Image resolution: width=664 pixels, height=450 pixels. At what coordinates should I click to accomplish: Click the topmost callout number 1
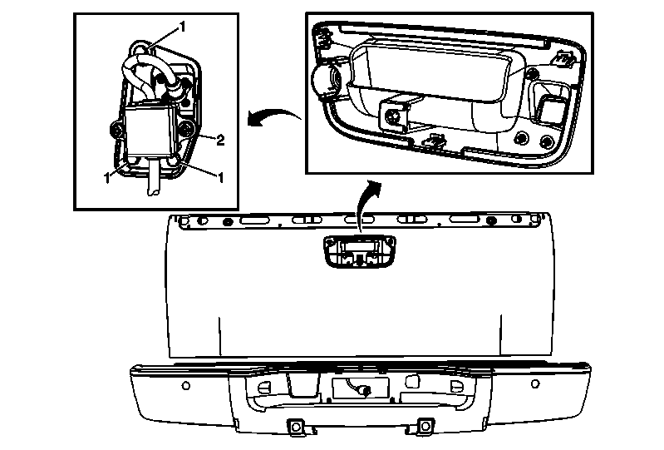tap(181, 27)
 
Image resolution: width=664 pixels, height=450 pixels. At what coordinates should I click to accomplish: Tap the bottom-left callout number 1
tap(107, 177)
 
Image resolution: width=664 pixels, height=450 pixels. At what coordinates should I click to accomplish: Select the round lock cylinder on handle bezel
tap(325, 80)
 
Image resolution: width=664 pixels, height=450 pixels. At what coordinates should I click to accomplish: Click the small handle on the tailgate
tap(359, 250)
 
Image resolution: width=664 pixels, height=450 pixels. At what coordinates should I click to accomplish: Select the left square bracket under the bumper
tap(293, 427)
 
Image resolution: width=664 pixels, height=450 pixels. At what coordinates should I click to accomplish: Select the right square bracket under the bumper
tap(424, 426)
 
